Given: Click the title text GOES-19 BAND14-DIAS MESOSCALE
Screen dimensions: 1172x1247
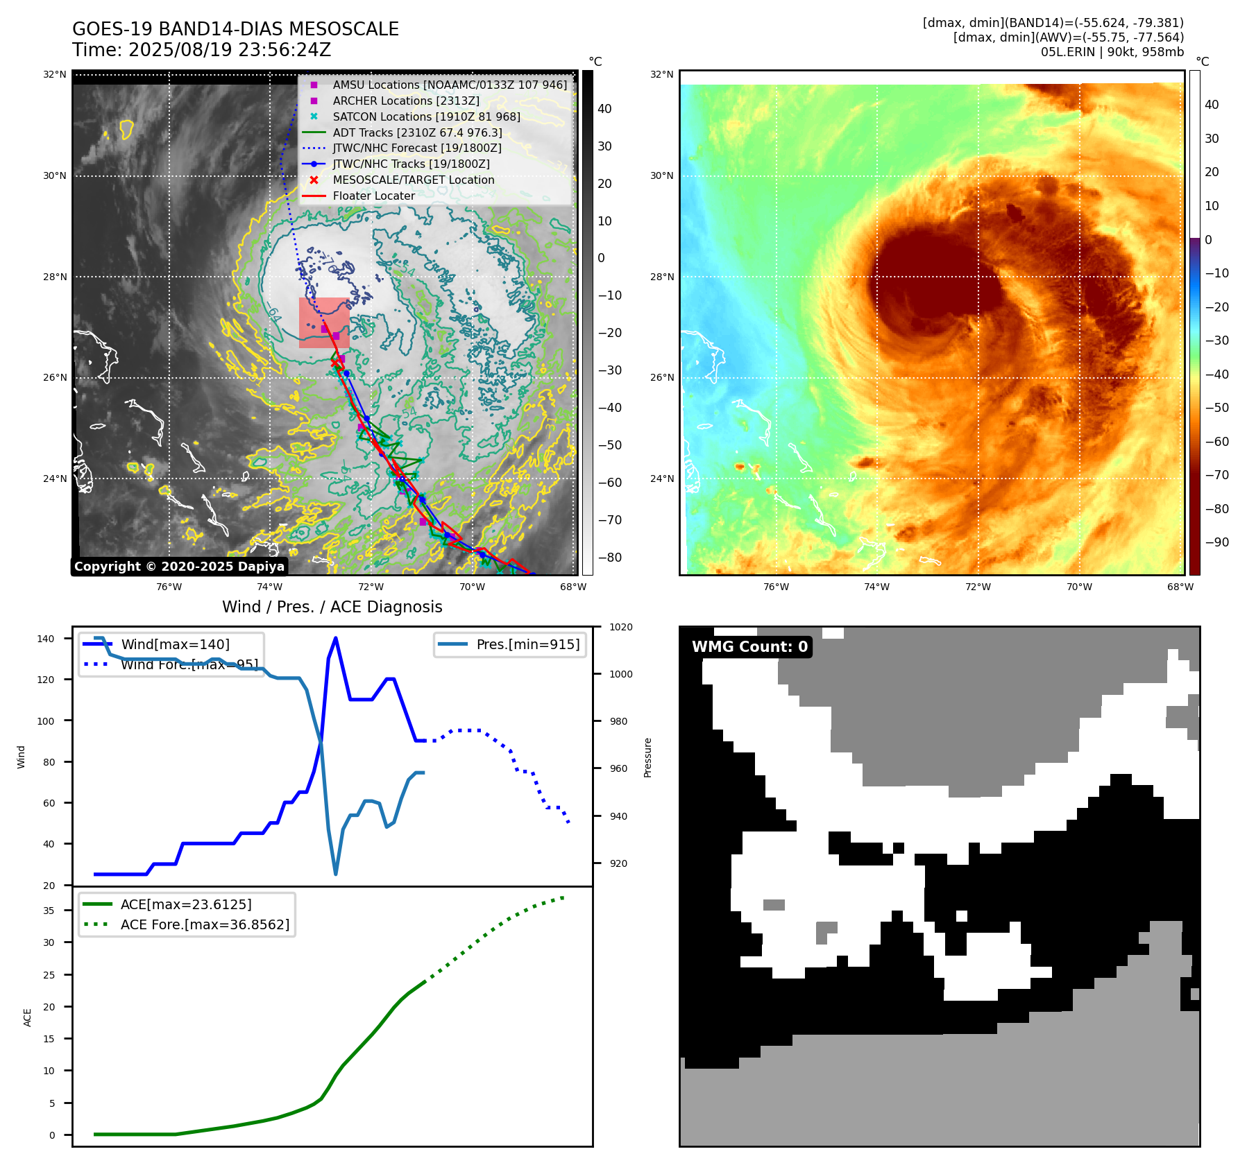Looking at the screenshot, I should click(235, 29).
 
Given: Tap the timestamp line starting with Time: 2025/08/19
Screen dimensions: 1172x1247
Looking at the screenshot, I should click(201, 50).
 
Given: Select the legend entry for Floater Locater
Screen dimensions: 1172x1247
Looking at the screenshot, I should click(373, 196).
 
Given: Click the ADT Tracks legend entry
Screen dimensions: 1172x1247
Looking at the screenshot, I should click(417, 132).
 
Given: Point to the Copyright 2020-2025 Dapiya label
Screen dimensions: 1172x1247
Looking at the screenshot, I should click(179, 567).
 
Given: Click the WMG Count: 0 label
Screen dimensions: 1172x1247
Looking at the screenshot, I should click(749, 647).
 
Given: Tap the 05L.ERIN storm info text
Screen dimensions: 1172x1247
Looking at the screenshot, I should click(1112, 52).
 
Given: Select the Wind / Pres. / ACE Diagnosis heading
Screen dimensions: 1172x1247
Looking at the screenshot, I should click(332, 607).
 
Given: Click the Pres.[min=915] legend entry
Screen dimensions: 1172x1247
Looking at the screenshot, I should click(527, 644).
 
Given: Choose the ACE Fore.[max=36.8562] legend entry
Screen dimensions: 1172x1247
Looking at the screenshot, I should click(205, 924).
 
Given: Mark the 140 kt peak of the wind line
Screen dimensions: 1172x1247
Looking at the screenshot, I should click(336, 638).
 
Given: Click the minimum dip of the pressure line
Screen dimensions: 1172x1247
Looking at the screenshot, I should click(336, 874).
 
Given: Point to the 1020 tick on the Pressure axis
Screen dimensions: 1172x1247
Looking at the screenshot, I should click(621, 628).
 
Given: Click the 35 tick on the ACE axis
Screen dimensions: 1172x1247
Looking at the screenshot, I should click(49, 911).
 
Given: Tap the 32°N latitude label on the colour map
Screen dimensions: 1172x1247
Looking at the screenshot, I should click(661, 75).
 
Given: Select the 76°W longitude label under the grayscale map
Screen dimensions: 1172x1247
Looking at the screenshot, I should click(169, 587).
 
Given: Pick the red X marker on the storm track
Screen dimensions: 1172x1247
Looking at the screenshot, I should click(334, 363).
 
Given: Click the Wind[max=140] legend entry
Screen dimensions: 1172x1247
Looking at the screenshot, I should click(175, 644).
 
